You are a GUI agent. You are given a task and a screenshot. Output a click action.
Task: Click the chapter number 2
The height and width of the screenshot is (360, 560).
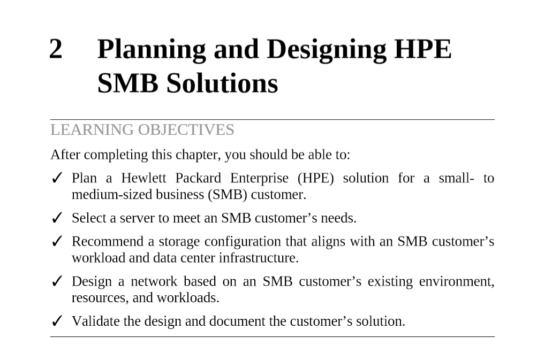pos(56,49)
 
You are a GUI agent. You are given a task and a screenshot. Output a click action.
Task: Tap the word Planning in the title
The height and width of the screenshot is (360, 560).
pos(152,50)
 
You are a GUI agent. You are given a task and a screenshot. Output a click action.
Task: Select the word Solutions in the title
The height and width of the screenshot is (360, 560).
pos(222,83)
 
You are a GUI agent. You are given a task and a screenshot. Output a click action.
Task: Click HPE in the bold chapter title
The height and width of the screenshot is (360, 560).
pos(423,49)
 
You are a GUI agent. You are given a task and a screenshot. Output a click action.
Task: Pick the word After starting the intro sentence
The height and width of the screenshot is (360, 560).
pos(65,155)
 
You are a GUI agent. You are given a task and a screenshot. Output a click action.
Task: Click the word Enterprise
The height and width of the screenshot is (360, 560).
pos(259,178)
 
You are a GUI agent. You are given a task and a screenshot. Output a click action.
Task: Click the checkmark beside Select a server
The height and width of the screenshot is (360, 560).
pos(57,218)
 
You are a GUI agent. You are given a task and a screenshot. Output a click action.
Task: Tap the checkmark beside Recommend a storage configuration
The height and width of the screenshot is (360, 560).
pos(57,241)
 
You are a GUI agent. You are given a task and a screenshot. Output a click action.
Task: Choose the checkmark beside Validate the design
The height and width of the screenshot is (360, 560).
pos(57,321)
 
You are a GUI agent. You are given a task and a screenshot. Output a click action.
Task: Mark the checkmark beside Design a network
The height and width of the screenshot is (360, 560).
pos(57,281)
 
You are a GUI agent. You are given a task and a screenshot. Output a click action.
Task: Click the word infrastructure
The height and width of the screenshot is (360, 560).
pos(259,258)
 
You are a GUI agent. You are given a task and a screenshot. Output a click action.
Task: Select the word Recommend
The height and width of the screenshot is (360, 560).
pos(108,241)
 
